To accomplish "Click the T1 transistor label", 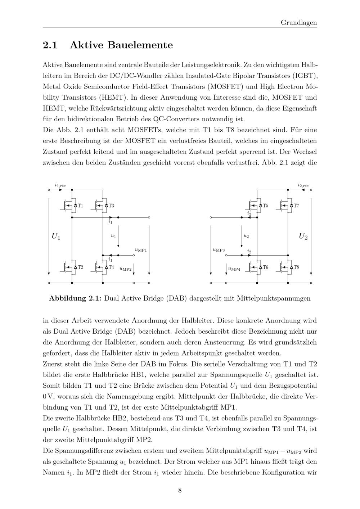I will click(x=80, y=206).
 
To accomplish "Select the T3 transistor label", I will click(x=111, y=206).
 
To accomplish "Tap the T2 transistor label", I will click(x=80, y=267).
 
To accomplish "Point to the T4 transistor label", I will click(x=111, y=267).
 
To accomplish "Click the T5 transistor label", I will click(x=265, y=206).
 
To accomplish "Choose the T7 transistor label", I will click(x=296, y=206).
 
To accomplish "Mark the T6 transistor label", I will click(x=265, y=267).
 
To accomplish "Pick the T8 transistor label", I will click(x=296, y=267).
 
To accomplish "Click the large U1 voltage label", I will click(x=56, y=237).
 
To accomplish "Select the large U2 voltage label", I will click(x=303, y=237).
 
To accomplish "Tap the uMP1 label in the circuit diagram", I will click(x=141, y=249).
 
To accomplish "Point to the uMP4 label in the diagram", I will click(x=234, y=269).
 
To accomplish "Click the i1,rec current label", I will click(x=60, y=185).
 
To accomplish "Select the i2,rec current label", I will click(x=303, y=185).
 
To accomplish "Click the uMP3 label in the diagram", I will click(x=219, y=249).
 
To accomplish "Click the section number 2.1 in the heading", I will click(x=50, y=45).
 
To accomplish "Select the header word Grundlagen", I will click(x=299, y=23).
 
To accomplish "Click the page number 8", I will click(x=180, y=490).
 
